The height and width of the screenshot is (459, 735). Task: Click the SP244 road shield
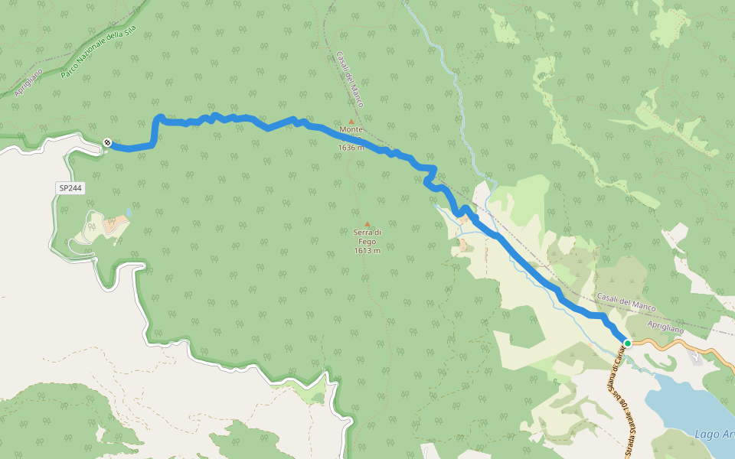click(70, 187)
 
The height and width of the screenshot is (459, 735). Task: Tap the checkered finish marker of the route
click(106, 142)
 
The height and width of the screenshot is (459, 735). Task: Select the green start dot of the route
click(627, 343)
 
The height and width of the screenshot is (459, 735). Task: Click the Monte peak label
click(351, 130)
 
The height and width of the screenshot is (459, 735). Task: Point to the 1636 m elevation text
click(351, 148)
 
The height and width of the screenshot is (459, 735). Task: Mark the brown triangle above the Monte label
click(351, 121)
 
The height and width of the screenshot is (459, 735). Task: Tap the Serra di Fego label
click(367, 236)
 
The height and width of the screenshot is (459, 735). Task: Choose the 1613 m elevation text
click(367, 251)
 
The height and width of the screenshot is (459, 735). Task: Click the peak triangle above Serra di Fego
click(367, 224)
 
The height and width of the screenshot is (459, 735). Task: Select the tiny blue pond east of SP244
click(128, 210)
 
